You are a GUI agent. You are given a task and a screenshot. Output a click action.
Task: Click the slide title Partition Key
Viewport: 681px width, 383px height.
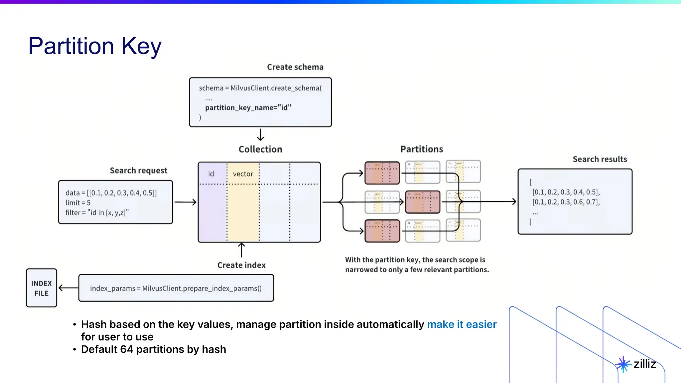pos(95,46)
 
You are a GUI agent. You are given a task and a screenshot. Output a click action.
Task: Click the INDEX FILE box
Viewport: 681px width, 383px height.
pos(42,288)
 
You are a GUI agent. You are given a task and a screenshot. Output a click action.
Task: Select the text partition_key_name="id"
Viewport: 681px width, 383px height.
pos(248,107)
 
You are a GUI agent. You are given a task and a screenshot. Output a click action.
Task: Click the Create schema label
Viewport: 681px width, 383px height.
pos(295,67)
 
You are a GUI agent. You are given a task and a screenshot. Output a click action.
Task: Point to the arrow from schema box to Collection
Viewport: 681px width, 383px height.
pos(260,135)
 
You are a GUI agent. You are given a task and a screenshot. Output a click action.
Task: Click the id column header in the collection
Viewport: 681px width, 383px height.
pos(211,174)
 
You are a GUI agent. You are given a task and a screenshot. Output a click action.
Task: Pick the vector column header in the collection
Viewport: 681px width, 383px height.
pos(243,174)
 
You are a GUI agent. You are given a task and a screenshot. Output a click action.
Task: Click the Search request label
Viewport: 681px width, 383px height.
pos(138,170)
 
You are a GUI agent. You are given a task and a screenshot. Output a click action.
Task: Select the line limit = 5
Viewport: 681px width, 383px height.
pos(78,202)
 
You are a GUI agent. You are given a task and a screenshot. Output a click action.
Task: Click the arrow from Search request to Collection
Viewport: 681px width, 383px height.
pos(185,202)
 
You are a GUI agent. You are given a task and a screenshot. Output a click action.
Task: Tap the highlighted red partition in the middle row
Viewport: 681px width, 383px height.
pos(422,202)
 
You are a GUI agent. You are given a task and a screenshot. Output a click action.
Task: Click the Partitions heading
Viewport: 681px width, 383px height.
pos(422,149)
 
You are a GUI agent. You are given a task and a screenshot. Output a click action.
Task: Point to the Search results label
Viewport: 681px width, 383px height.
pos(600,159)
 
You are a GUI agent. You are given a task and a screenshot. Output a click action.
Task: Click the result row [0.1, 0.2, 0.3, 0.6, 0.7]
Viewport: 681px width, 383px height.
pos(566,202)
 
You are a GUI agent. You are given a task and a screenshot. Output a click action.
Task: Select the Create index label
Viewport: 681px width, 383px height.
pos(241,265)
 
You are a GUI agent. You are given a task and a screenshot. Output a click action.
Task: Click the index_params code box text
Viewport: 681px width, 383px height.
pos(176,288)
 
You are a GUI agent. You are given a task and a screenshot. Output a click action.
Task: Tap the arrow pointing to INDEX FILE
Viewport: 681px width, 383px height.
pos(68,288)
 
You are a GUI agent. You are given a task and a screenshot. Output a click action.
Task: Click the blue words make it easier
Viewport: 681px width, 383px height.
pos(462,324)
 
